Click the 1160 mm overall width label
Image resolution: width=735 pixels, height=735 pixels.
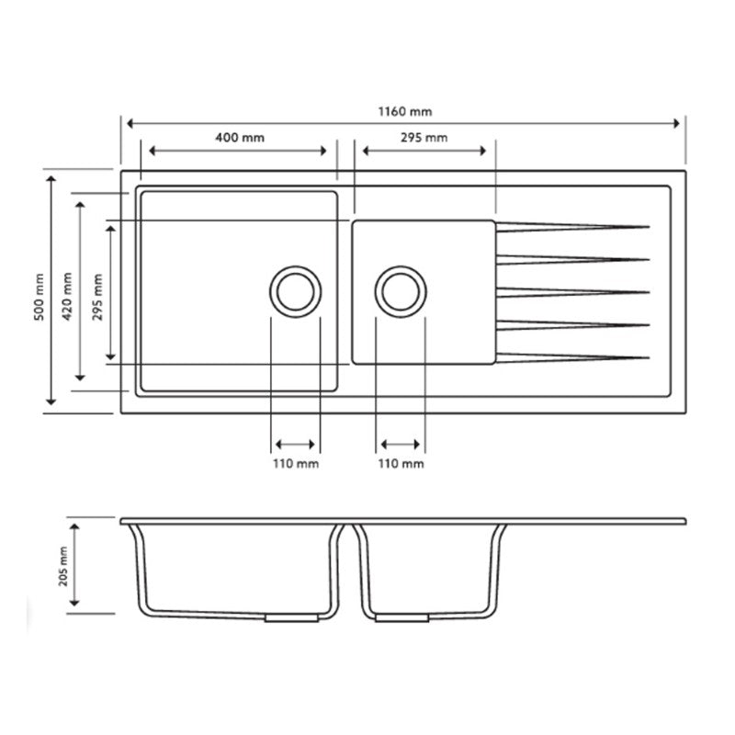[405, 111]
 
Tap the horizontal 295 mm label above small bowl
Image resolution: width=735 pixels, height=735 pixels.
[424, 138]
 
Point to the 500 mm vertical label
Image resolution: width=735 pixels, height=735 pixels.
[39, 297]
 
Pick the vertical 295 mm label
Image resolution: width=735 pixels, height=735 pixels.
[98, 297]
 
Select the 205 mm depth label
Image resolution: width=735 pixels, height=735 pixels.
[63, 565]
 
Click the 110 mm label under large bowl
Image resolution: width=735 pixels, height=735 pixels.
[295, 464]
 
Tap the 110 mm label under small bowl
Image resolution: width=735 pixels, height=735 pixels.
[401, 464]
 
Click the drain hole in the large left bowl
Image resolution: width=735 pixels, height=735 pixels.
[295, 291]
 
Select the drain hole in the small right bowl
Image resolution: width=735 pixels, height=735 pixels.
[401, 291]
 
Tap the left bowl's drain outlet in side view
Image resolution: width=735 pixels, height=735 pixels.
[290, 619]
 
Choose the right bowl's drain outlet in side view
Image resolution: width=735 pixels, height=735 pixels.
[401, 619]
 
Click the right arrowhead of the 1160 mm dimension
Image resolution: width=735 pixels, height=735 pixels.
[681, 122]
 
